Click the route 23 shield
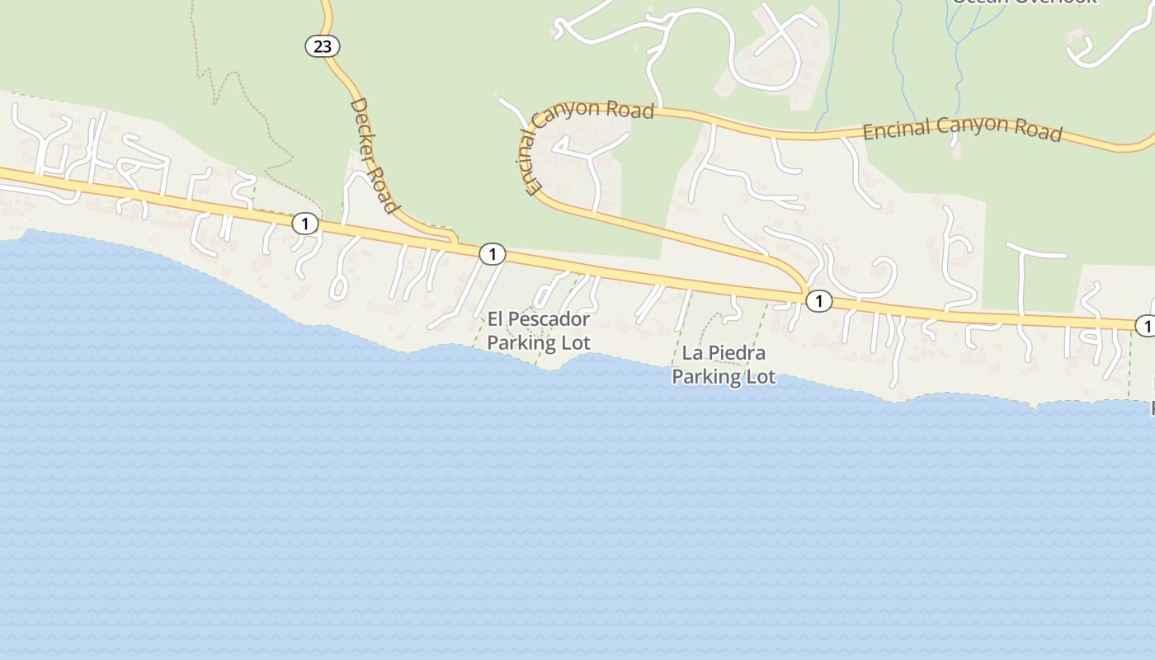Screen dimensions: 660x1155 [322, 46]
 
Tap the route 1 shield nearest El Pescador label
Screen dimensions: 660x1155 [492, 254]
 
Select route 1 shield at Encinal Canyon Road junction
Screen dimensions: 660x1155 [818, 301]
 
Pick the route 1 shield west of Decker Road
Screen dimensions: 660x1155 [305, 223]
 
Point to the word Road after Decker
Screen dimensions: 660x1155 [384, 189]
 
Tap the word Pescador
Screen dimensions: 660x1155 [550, 319]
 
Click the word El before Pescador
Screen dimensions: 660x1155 [495, 318]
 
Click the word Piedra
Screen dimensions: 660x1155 [736, 353]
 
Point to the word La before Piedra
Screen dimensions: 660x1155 [691, 353]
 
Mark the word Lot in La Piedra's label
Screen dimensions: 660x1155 [761, 377]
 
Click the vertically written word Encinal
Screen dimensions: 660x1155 [531, 162]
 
